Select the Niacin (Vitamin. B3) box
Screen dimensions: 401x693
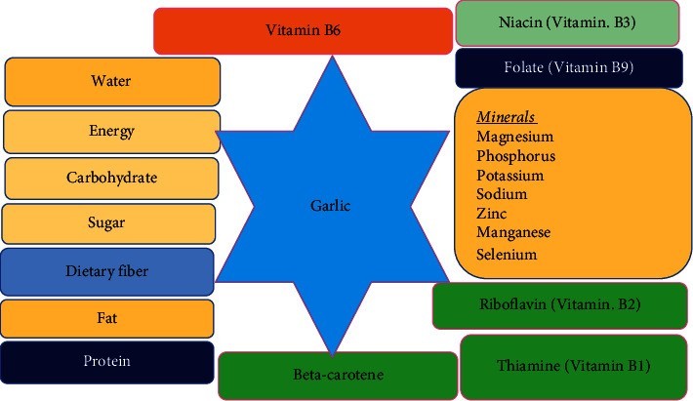[x=567, y=22]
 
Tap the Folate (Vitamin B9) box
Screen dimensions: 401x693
[x=567, y=68]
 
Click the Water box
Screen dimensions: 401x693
[x=111, y=82]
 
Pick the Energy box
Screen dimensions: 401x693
[x=111, y=131]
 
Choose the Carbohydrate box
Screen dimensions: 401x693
[x=111, y=179]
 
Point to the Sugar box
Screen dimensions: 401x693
[x=108, y=223]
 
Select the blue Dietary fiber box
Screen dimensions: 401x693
[x=107, y=271]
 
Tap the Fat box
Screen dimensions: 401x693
[x=107, y=318]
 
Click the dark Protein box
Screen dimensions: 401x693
[x=107, y=361]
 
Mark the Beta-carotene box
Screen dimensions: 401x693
[x=337, y=375]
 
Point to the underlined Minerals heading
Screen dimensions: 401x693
[x=508, y=117]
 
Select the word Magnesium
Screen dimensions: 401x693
[x=513, y=137]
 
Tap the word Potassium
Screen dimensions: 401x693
[x=510, y=176]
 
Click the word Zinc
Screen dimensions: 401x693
[x=492, y=213]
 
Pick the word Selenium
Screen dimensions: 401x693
[x=507, y=254]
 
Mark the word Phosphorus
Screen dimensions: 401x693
[x=515, y=156]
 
